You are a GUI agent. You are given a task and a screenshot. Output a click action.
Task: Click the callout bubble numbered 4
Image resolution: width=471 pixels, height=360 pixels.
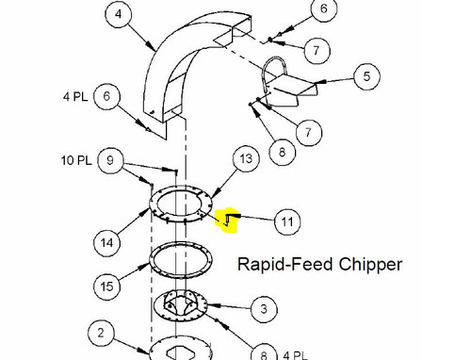pyautogui.click(x=118, y=14)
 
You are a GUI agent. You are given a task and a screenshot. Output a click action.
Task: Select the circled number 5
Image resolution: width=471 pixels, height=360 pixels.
pyautogui.click(x=366, y=76)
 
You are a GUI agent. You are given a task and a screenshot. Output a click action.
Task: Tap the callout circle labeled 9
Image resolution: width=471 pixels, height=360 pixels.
pyautogui.click(x=110, y=160)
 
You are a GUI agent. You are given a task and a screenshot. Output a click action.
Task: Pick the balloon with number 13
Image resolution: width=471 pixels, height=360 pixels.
pyautogui.click(x=246, y=158)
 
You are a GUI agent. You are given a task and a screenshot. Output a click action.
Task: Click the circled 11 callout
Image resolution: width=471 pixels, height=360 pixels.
pyautogui.click(x=287, y=221)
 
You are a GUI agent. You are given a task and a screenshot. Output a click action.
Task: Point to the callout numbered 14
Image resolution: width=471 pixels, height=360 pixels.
pyautogui.click(x=106, y=243)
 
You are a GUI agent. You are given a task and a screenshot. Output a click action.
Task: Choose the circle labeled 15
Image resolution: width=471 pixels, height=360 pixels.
pyautogui.click(x=106, y=286)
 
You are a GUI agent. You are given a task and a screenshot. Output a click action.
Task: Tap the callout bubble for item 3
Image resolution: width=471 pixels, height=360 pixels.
pyautogui.click(x=264, y=309)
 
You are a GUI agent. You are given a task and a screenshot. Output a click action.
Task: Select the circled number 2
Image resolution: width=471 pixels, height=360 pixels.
pyautogui.click(x=101, y=333)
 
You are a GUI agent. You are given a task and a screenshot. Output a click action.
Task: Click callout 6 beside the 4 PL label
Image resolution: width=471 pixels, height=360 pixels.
pyautogui.click(x=106, y=96)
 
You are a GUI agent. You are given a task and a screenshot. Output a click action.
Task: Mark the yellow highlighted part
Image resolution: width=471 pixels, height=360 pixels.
pyautogui.click(x=227, y=220)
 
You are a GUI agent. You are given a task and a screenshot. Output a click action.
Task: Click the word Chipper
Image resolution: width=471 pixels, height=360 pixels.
pyautogui.click(x=370, y=264)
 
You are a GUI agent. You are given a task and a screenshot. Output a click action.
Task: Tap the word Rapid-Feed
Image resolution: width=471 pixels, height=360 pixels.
pyautogui.click(x=284, y=264)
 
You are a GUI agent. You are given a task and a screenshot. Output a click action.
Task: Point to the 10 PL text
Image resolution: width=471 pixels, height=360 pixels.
pyautogui.click(x=76, y=160)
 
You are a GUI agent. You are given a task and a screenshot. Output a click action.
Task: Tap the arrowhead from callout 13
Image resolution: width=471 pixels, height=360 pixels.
pyautogui.click(x=214, y=194)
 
